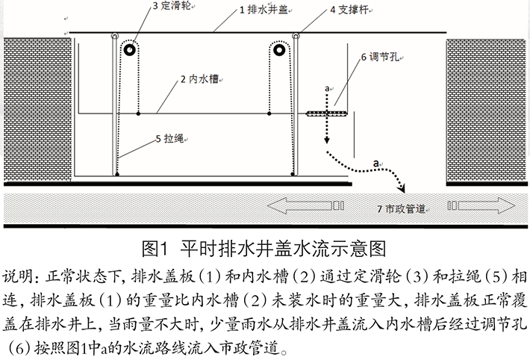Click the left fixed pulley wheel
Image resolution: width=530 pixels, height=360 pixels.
coord(129,50)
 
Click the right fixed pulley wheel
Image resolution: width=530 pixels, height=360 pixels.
coord(279,50)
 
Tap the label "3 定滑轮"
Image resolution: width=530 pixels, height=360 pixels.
coord(172,6)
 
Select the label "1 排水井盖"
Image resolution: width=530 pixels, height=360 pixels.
coord(264,10)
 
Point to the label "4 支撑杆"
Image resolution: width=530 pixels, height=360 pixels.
coord(349,10)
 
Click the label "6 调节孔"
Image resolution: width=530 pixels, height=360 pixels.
coord(380,57)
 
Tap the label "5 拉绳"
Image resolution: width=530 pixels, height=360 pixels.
coord(170,138)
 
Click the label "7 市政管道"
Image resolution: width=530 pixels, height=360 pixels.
coord(401,209)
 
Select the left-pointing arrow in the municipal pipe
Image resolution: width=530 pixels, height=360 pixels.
coord(305,205)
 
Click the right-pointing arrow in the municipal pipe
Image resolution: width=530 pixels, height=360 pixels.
coord(481,205)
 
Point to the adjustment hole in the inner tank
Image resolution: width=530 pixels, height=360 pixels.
coord(326,114)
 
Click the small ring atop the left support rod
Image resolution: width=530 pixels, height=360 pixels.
coord(115,36)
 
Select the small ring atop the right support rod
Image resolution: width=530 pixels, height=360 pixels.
coord(296,36)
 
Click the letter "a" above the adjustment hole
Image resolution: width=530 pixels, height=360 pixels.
coord(327,89)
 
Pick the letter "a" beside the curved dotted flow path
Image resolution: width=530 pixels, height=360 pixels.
coord(376,164)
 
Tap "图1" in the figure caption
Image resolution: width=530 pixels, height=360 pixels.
coord(155,249)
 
